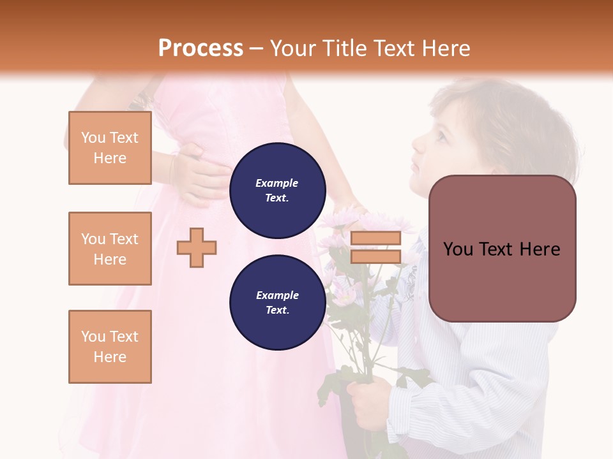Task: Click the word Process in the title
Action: click(x=201, y=48)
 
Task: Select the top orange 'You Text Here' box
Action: click(x=110, y=148)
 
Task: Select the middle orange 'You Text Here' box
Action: click(x=110, y=249)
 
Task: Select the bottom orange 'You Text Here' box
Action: click(x=110, y=347)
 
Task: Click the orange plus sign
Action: click(x=197, y=247)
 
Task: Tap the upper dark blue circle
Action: click(x=277, y=190)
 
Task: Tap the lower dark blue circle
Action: click(x=277, y=302)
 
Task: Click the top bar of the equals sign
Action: click(x=375, y=238)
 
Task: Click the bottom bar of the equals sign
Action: click(x=375, y=257)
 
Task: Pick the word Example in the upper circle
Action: click(x=277, y=183)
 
